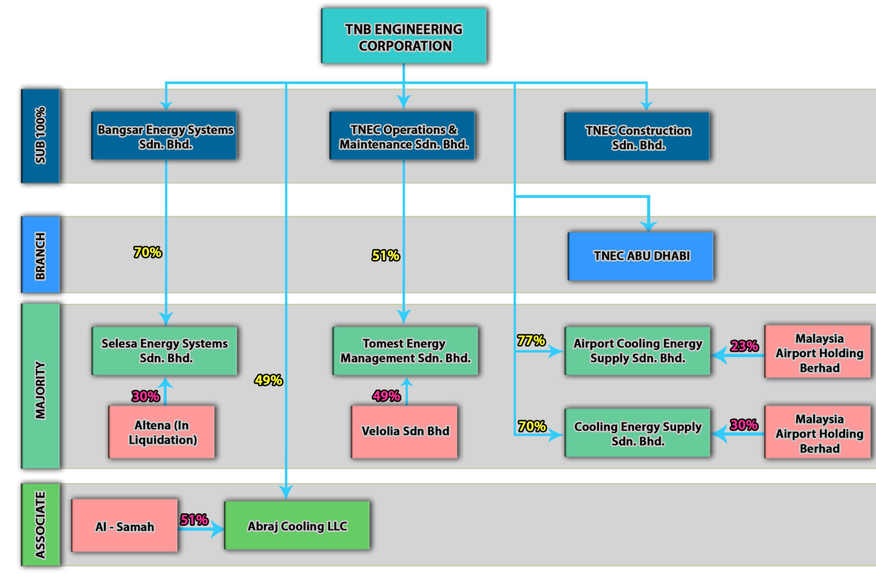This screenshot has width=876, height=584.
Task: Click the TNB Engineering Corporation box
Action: coord(404,36)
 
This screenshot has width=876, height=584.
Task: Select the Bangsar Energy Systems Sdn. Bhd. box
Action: coord(164,136)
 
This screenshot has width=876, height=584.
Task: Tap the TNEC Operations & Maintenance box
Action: coord(403,136)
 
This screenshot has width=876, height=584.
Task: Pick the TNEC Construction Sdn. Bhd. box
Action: coord(637,136)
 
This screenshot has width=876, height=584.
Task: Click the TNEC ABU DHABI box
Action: coord(640,256)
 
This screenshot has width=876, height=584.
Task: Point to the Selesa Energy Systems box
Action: coord(164,350)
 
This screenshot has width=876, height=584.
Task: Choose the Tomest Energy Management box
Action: coord(405,350)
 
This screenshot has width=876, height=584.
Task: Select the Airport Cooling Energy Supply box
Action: coord(637,350)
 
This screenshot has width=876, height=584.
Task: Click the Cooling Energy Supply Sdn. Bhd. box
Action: coord(637,433)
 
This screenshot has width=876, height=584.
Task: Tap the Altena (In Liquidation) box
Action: coord(162,432)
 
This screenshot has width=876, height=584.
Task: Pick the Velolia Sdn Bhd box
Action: coord(404,431)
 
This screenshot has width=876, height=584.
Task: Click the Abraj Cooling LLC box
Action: coord(297,525)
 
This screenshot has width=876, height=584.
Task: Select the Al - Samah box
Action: coord(124,525)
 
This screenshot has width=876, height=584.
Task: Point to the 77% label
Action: coord(531,340)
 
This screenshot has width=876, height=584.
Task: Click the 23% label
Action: coord(744,346)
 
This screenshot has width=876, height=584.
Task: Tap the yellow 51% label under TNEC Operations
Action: coord(386,255)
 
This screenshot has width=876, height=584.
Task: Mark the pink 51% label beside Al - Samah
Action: coord(194,520)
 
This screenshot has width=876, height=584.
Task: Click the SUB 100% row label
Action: coord(40,136)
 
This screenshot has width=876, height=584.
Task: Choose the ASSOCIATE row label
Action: coord(40,525)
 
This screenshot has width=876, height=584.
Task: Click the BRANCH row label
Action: coord(40,255)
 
